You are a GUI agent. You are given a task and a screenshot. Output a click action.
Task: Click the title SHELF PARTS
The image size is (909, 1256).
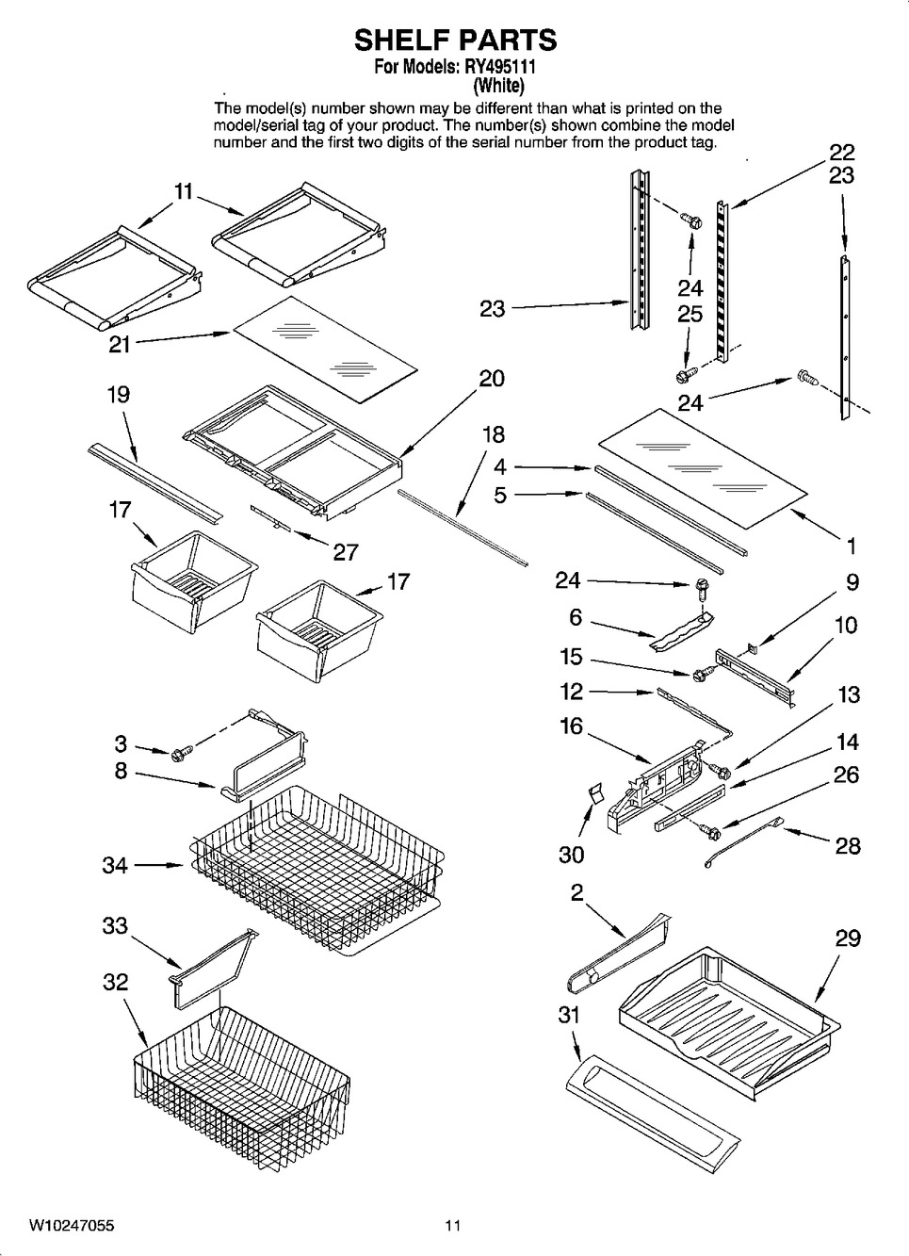(455, 40)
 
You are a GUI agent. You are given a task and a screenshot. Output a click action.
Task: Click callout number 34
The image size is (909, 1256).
(115, 864)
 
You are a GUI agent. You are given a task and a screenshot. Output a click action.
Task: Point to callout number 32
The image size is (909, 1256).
(115, 982)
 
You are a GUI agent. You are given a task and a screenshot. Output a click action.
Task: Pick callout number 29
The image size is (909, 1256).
(848, 938)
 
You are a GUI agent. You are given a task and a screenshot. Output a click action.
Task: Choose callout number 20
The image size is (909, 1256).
(492, 379)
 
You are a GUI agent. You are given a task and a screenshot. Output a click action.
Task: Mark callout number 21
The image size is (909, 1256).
(120, 345)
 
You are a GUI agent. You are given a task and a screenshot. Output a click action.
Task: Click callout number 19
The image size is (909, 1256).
(118, 395)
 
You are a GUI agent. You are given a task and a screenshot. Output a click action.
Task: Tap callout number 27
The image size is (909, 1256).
(346, 551)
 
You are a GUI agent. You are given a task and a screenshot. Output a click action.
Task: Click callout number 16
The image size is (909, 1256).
(571, 726)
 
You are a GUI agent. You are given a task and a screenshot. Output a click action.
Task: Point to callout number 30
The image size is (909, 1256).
(571, 854)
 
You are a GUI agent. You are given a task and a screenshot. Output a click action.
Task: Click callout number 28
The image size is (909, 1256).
(848, 845)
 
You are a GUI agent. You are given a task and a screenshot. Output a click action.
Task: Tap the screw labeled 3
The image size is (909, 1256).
(182, 752)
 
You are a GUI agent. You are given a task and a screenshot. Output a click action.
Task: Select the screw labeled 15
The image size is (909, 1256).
(701, 675)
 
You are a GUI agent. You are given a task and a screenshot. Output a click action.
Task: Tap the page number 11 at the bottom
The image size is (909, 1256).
(453, 1226)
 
